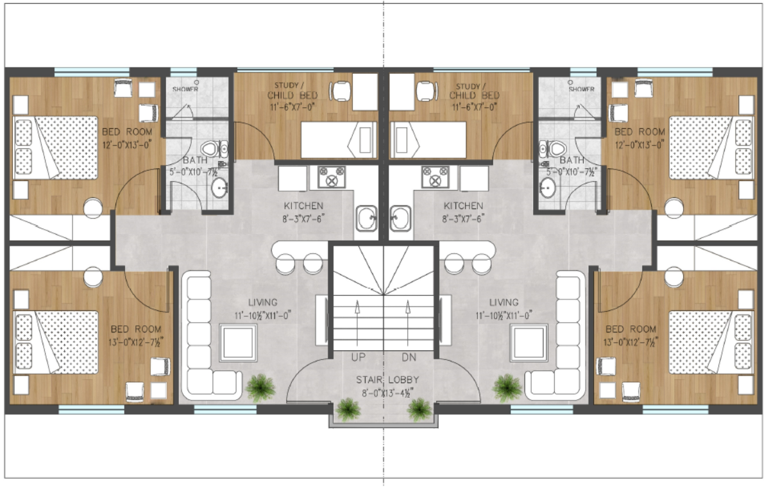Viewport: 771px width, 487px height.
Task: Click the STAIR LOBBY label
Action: coord(384,380)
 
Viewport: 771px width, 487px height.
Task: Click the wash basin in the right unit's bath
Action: coord(548,188)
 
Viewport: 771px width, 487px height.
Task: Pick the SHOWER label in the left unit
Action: coord(185,89)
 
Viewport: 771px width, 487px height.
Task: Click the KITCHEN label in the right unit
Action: coord(464,206)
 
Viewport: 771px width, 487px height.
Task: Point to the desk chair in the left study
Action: coord(342,92)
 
